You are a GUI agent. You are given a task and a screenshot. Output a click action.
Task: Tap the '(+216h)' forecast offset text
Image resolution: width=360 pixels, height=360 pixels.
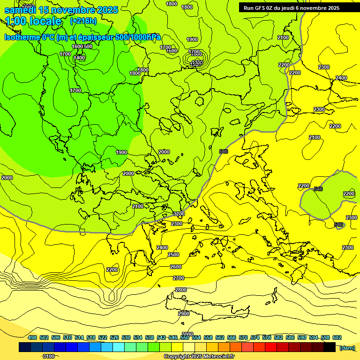point(83,21)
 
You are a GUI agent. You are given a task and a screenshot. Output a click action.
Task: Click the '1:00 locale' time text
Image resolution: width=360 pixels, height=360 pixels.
point(34,21)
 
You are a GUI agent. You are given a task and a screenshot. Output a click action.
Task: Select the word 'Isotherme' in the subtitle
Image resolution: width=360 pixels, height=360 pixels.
point(22,37)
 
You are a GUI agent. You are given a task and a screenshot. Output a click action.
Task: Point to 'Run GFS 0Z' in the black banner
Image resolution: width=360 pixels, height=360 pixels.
point(261,8)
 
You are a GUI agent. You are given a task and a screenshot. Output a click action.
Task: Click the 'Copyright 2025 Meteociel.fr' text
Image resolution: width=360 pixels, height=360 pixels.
point(199,357)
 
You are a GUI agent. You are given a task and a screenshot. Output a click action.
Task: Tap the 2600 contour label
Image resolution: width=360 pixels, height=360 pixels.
point(175,267)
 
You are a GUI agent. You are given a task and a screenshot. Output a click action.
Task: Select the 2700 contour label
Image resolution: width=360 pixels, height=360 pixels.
point(179,278)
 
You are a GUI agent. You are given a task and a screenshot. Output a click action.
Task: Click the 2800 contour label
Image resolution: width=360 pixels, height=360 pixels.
point(181,290)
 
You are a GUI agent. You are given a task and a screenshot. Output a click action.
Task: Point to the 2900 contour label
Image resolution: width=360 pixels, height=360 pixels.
point(184,314)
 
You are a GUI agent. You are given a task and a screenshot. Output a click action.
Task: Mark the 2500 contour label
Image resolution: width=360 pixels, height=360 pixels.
point(173,255)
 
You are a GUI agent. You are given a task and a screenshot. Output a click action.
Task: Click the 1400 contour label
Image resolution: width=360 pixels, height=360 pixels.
point(79,58)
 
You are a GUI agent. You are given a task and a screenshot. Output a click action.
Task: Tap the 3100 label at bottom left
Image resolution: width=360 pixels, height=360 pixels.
point(48,357)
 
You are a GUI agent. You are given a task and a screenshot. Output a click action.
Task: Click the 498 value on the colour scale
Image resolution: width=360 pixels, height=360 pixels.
point(32,337)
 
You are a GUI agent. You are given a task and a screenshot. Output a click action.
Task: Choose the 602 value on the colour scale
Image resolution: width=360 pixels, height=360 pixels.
point(337,337)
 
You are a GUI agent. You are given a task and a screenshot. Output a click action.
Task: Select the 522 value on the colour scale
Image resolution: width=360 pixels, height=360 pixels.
point(103,337)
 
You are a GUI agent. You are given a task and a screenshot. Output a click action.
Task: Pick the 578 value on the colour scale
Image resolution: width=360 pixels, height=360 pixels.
point(267,337)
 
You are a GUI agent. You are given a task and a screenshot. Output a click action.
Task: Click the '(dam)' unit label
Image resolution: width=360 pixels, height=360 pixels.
point(347,348)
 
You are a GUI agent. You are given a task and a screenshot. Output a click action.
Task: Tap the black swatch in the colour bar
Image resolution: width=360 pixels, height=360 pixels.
point(330,347)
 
